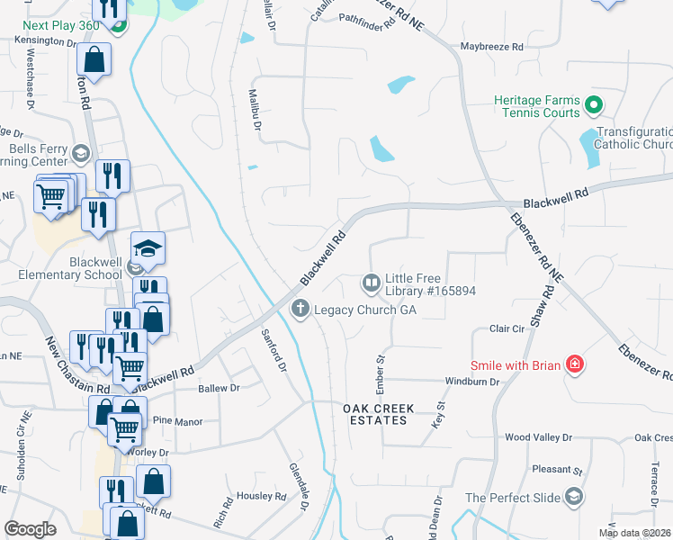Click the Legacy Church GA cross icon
click(301, 310)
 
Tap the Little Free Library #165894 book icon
click(371, 283)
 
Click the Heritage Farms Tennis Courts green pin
click(593, 106)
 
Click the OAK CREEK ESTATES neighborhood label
click(380, 415)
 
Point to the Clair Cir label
click(506, 329)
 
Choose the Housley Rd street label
click(261, 496)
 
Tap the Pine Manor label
click(179, 420)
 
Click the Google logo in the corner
click(31, 529)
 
